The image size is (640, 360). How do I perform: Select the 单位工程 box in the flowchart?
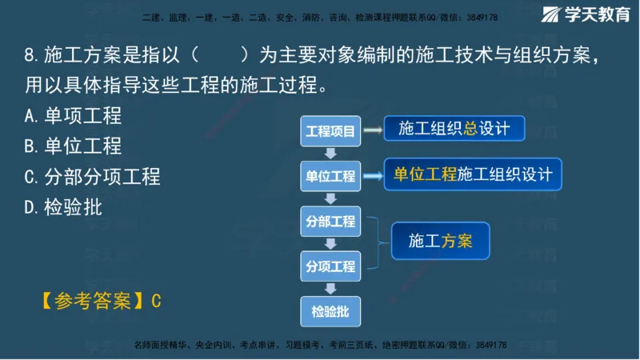click(330, 176)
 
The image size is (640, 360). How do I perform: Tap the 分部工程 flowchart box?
click(330, 222)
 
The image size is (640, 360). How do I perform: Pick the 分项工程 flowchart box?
click(330, 266)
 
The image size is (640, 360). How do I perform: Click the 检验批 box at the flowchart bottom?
click(330, 310)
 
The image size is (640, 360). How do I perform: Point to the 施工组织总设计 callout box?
click(453, 129)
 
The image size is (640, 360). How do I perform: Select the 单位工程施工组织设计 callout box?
click(473, 174)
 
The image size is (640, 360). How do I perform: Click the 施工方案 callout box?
click(439, 240)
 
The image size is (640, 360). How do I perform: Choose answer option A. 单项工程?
click(73, 116)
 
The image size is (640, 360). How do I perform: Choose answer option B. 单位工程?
click(73, 146)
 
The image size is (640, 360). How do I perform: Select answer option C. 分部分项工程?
click(92, 177)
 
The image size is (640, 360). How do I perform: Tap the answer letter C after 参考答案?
click(157, 301)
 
